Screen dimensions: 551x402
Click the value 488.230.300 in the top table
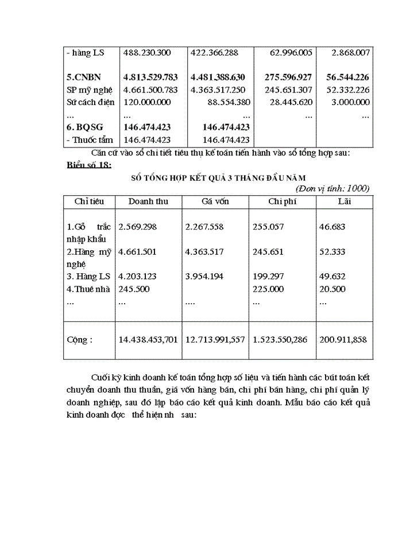click(x=147, y=52)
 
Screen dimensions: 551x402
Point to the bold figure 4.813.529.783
click(x=150, y=77)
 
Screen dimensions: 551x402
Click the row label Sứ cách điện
click(x=90, y=102)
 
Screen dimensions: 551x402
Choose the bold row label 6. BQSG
click(x=86, y=127)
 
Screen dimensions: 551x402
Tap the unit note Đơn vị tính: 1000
click(x=333, y=188)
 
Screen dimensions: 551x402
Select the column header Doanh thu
click(x=148, y=201)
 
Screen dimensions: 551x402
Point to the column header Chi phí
click(x=283, y=201)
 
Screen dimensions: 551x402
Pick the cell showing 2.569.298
click(x=137, y=227)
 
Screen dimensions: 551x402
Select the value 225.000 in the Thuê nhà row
click(x=268, y=289)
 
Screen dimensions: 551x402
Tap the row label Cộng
click(x=79, y=340)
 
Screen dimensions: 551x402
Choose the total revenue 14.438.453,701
click(x=148, y=340)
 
